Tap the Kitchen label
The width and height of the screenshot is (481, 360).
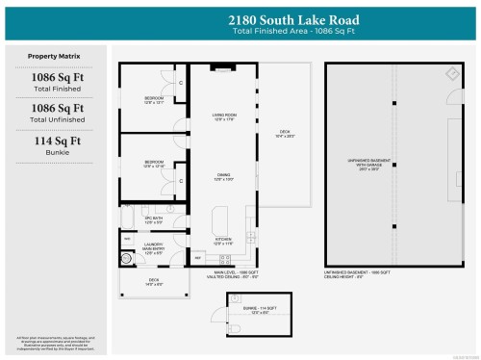tap(223, 243)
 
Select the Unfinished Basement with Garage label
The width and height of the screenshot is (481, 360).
tap(392, 163)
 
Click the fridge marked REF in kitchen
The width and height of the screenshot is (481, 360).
tap(199, 258)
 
